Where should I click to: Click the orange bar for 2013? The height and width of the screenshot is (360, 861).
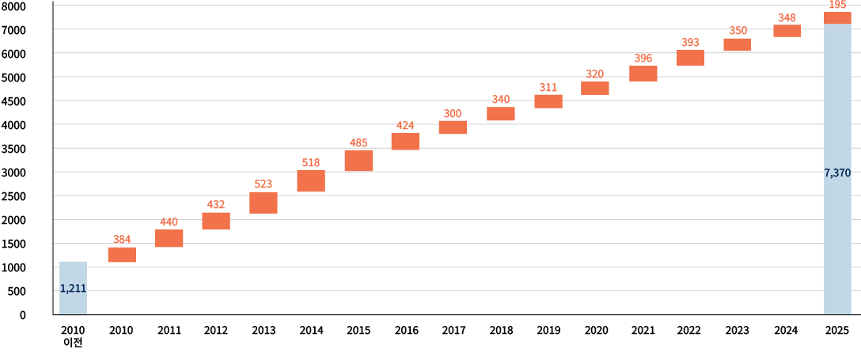263,203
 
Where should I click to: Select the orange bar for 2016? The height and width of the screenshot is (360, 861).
405,141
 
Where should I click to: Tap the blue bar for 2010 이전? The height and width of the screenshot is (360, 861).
73,288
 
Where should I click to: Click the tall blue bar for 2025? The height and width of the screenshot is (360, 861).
837,169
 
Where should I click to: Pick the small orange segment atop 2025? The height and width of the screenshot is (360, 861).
837,17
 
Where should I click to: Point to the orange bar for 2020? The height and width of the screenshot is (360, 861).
594,88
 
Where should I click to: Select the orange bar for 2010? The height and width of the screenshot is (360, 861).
122,255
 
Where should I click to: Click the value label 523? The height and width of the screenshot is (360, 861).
263,184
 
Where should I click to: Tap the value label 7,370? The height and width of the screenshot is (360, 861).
837,172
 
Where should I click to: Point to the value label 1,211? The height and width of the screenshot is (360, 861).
73,289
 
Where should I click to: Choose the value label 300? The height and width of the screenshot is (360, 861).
453,114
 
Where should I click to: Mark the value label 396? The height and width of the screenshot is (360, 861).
643,59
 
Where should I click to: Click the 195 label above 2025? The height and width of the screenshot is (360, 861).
837,5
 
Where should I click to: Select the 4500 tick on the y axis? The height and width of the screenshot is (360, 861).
15,101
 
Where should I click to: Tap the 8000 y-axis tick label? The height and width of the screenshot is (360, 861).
15,6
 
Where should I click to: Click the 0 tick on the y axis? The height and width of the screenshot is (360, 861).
22,315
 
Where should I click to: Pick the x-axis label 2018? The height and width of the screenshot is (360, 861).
501,331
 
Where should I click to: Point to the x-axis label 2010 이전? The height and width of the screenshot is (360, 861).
73,336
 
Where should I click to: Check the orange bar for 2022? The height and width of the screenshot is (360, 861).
690,58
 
